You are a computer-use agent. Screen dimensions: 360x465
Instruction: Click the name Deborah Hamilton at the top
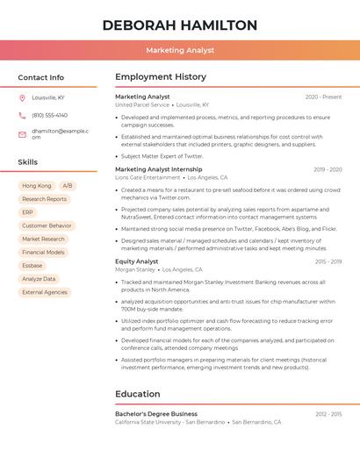tap(180, 25)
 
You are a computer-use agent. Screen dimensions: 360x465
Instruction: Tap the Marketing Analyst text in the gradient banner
tap(180, 50)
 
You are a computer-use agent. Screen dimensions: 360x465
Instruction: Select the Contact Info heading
tap(41, 77)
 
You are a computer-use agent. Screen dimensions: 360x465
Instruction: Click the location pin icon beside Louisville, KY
tap(22, 97)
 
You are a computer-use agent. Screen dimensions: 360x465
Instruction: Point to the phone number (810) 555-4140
tap(49, 115)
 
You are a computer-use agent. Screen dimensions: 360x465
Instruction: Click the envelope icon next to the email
tap(22, 132)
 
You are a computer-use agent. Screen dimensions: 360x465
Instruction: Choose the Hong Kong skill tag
tap(37, 186)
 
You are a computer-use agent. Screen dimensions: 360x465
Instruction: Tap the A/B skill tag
tap(68, 186)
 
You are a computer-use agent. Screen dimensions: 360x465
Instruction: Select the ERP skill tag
tap(28, 212)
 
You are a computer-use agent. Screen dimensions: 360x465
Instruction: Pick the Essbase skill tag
tap(32, 265)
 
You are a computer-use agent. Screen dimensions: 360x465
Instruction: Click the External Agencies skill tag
tap(45, 292)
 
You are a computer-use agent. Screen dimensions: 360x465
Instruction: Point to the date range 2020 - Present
tap(323, 97)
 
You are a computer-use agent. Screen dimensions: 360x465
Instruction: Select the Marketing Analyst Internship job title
tap(158, 169)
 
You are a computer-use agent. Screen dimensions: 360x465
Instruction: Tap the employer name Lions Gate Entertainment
tap(148, 177)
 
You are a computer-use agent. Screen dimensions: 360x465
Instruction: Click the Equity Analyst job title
tap(137, 261)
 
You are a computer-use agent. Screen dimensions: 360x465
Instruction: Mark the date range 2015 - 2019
tap(328, 261)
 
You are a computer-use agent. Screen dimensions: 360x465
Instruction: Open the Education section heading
tap(138, 394)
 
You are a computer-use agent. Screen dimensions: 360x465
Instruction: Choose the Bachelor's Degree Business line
tap(156, 413)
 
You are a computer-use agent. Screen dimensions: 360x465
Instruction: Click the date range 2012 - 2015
tap(328, 413)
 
